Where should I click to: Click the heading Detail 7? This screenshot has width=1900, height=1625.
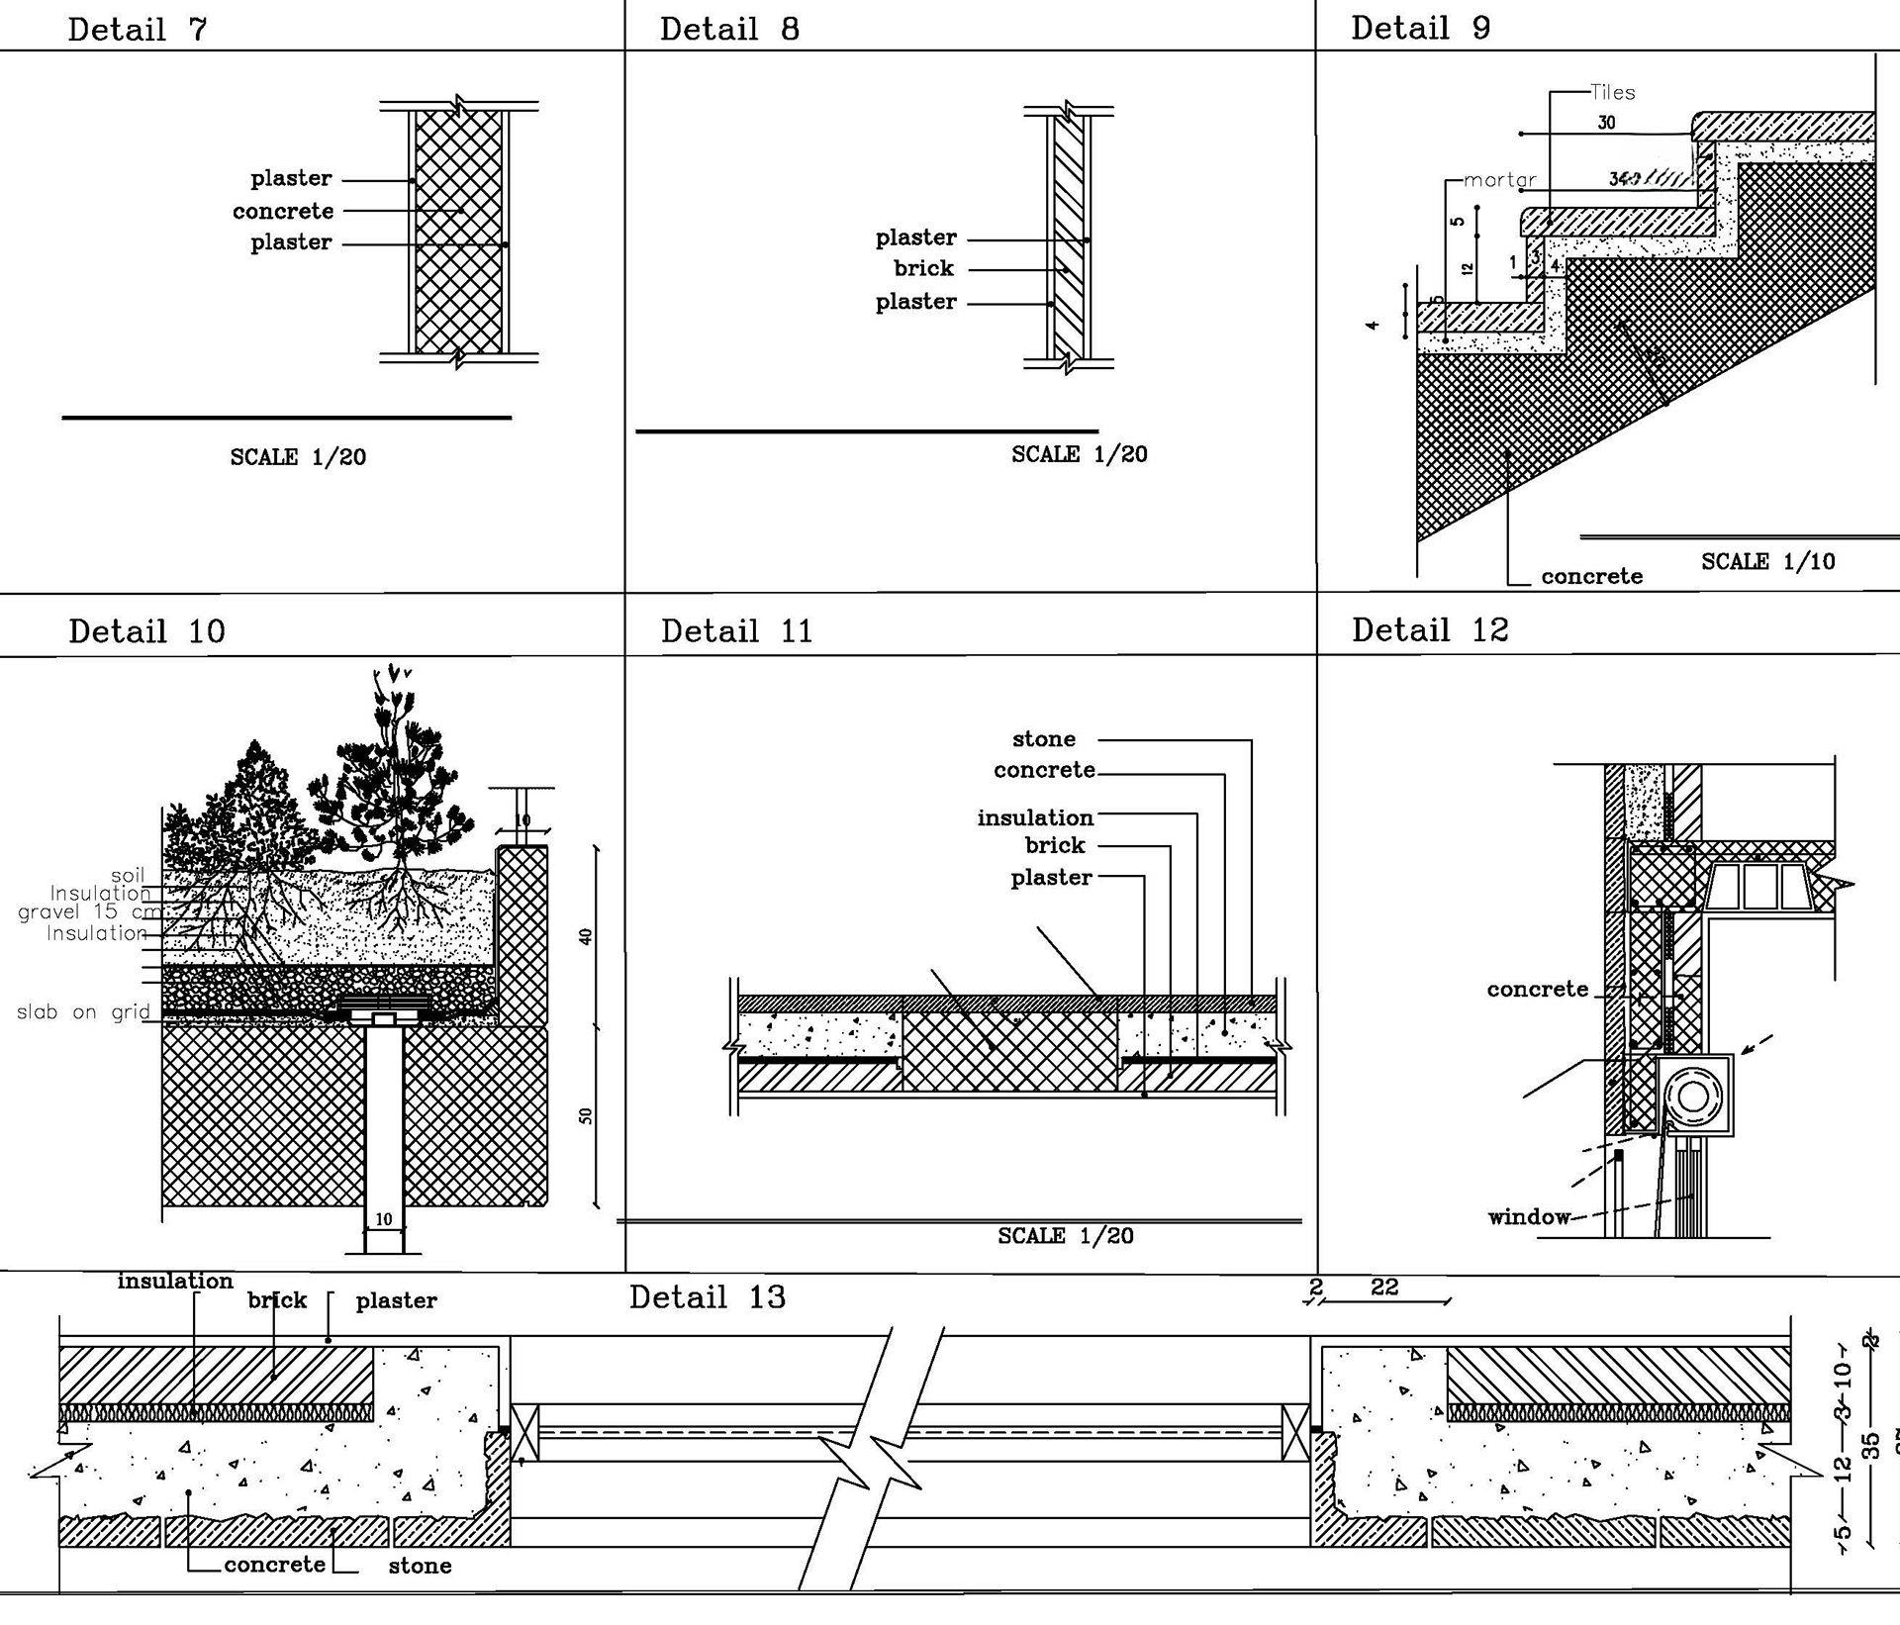click(x=138, y=29)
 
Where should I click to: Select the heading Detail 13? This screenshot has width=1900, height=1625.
click(x=707, y=1297)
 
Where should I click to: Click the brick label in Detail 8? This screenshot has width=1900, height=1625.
click(x=923, y=268)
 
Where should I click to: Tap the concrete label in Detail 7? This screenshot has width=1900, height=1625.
click(x=283, y=211)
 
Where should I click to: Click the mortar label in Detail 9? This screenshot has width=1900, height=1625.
click(x=1499, y=179)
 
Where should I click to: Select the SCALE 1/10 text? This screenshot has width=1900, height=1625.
click(x=1767, y=561)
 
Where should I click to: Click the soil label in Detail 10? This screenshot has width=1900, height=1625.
click(x=128, y=875)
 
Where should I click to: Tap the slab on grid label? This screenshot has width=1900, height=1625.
click(x=83, y=1011)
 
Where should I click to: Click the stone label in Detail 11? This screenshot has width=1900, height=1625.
click(x=1043, y=738)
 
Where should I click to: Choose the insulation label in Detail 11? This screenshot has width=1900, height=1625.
click(x=1035, y=817)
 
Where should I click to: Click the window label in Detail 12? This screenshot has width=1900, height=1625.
click(x=1529, y=1216)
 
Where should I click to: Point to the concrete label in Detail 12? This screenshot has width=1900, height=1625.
click(x=1537, y=989)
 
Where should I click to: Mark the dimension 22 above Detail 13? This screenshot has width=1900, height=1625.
click(x=1384, y=1287)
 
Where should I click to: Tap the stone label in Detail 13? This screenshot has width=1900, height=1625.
click(x=420, y=1566)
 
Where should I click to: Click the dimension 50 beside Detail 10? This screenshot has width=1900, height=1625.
click(x=586, y=1115)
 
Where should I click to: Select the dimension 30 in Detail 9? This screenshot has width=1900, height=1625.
click(x=1606, y=123)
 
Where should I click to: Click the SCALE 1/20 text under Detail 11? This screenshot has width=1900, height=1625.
click(x=1065, y=1235)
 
